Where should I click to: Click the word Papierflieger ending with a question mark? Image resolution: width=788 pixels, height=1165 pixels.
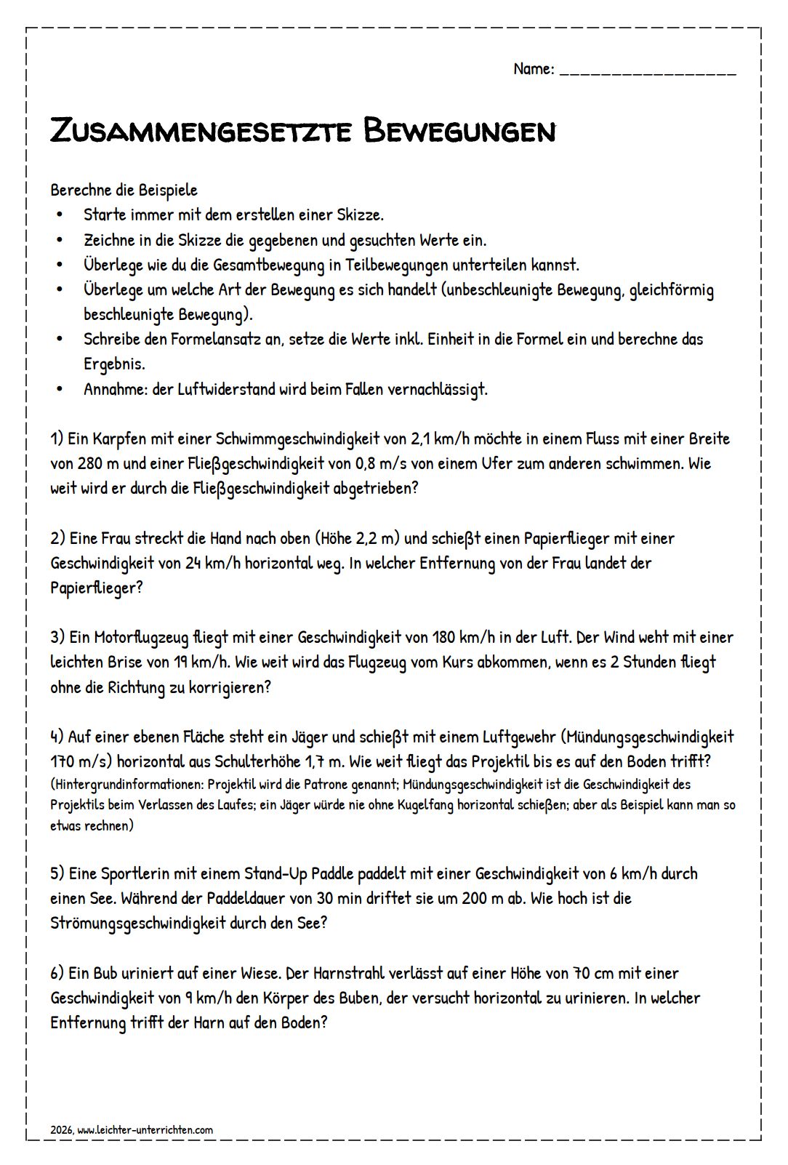96,587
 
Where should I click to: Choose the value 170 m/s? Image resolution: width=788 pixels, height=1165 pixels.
81,761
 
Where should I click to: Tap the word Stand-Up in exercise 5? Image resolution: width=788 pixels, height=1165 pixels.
276,873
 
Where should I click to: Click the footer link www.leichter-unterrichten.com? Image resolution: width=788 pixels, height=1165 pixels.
145,1129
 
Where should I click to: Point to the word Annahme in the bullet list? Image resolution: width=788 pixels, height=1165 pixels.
115,389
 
